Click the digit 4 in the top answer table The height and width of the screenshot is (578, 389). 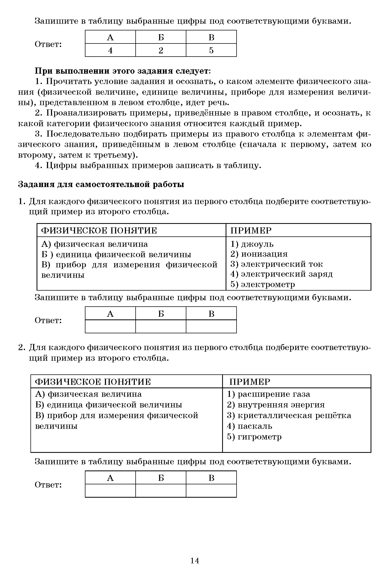click(110, 50)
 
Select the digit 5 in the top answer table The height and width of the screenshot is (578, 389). click(211, 50)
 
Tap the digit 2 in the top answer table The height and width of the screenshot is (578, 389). click(161, 50)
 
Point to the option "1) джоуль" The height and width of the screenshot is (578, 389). click(252, 244)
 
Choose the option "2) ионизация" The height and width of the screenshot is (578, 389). click(259, 254)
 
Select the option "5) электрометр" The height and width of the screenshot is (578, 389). click(263, 284)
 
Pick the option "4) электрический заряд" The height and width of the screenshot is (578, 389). click(281, 274)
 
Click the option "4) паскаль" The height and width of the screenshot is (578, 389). click(249, 426)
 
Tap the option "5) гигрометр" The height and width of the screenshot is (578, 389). click(254, 437)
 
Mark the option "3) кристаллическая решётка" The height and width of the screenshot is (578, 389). click(289, 415)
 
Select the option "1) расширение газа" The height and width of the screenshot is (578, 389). click(268, 394)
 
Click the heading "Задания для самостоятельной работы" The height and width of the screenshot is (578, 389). click(101, 185)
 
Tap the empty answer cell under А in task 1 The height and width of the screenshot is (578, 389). click(110, 326)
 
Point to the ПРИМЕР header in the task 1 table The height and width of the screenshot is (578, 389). click(251, 231)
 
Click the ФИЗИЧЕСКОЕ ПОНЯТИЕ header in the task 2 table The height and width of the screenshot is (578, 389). click(93, 382)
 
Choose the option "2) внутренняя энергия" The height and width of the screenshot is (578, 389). click(276, 405)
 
